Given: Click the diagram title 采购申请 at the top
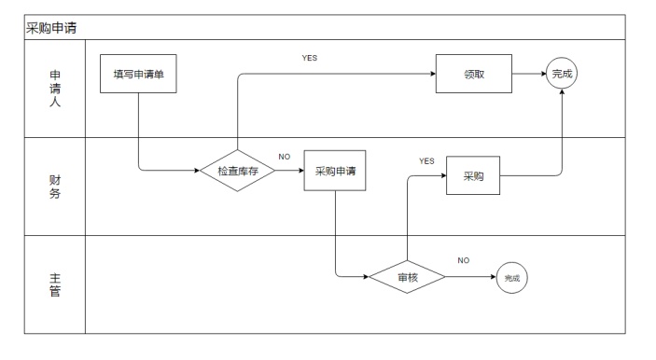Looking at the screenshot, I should pyautogui.click(x=51, y=28).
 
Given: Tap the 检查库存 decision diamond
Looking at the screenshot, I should pyautogui.click(x=238, y=171).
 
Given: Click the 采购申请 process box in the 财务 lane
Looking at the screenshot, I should pyautogui.click(x=334, y=171).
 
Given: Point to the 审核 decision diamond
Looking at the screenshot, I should pyautogui.click(x=407, y=277).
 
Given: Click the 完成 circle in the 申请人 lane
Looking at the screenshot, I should pyautogui.click(x=562, y=73).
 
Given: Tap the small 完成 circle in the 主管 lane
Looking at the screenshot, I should pyautogui.click(x=511, y=277).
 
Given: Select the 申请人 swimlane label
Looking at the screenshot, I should pyautogui.click(x=54, y=89).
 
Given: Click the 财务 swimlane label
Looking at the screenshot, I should pyautogui.click(x=54, y=186).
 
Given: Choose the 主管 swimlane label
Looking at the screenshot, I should pyautogui.click(x=54, y=284).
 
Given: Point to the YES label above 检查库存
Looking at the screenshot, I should pyautogui.click(x=310, y=58).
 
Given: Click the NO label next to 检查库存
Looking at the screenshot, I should pyautogui.click(x=285, y=156).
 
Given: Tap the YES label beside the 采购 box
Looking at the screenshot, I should pyautogui.click(x=426, y=160).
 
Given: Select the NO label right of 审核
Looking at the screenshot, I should pyautogui.click(x=463, y=259).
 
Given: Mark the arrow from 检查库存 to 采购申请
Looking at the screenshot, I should pyautogui.click(x=288, y=171).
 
